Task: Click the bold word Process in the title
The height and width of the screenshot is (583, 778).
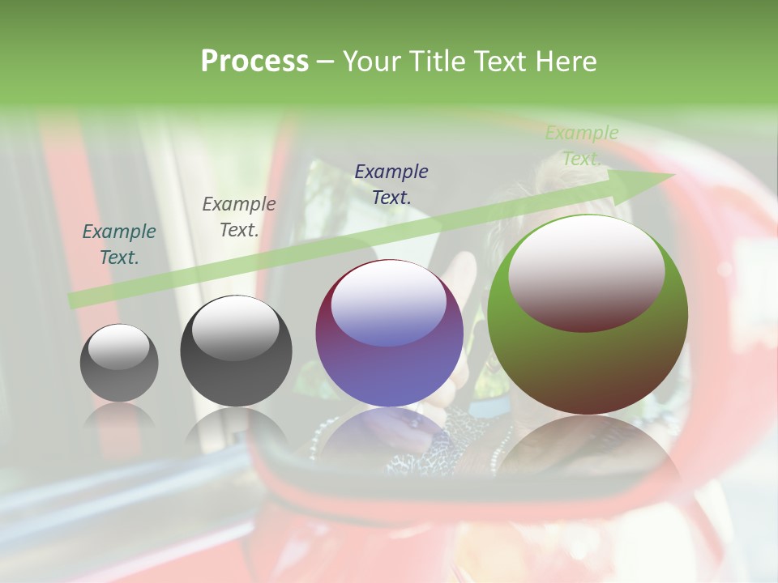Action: click(254, 62)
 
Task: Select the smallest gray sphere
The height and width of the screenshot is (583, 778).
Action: click(119, 363)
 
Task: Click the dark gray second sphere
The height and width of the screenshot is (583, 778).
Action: click(236, 351)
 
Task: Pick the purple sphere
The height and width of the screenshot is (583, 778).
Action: click(389, 333)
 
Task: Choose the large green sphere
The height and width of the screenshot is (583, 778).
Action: click(588, 314)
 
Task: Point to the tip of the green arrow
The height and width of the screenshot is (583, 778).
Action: click(673, 174)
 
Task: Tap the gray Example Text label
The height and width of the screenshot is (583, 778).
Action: click(239, 217)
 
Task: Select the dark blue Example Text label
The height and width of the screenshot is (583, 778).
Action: click(391, 184)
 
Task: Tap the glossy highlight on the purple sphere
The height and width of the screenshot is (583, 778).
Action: click(388, 302)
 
